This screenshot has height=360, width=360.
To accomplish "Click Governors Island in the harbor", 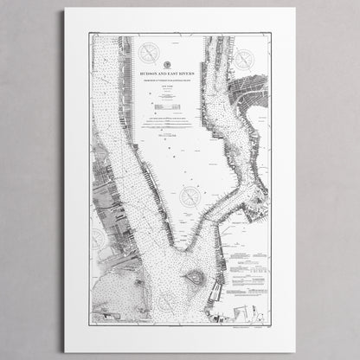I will click(195, 278).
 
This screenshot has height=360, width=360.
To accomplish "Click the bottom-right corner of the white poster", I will click(295, 350).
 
